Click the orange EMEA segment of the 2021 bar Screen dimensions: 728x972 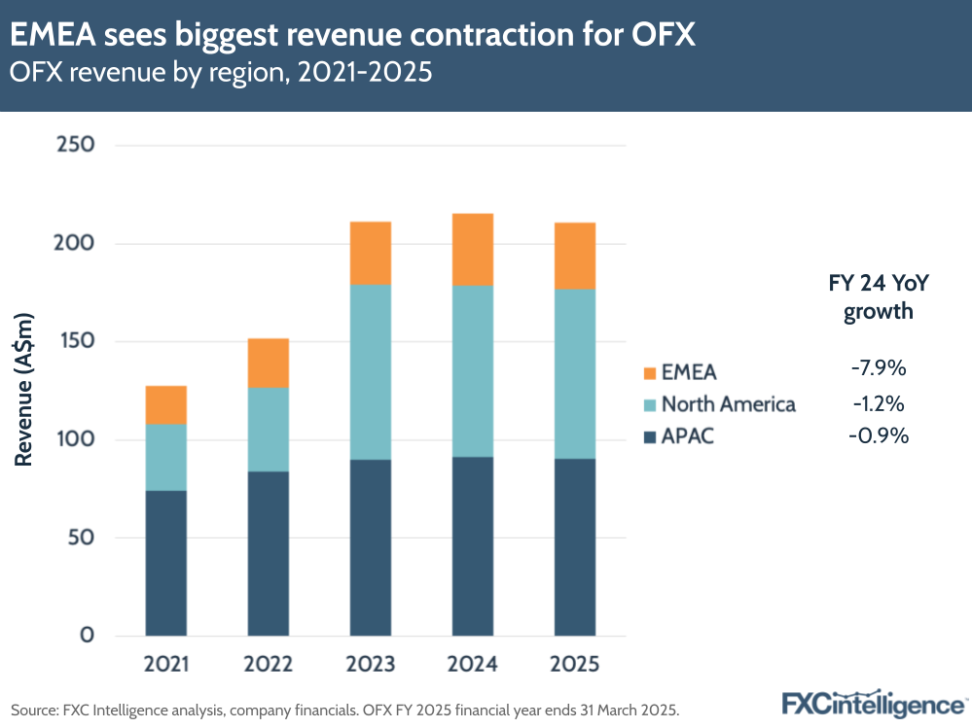tap(166, 404)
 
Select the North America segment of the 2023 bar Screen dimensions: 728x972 tap(371, 371)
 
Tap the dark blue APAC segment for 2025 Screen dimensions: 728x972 tap(575, 546)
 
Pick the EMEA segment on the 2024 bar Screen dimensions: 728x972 tap(473, 249)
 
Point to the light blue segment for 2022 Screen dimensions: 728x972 tap(269, 430)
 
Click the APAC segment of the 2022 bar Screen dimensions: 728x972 tap(269, 553)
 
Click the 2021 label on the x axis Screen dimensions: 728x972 tap(166, 665)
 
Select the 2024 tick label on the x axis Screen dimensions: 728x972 tap(473, 665)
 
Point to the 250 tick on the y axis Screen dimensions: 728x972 tap(74, 145)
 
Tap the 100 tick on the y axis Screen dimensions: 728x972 tap(74, 439)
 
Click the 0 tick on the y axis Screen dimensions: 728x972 tap(86, 636)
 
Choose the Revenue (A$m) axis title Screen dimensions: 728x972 tap(24, 389)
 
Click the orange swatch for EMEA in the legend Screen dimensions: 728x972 tap(649, 372)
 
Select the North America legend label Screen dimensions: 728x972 tap(728, 404)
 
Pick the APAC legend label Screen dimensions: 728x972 tap(687, 436)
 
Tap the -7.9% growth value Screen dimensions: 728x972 tap(878, 369)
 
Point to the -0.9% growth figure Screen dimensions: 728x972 tap(878, 436)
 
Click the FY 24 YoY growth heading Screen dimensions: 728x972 tap(878, 297)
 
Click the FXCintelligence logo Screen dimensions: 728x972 tap(874, 703)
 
